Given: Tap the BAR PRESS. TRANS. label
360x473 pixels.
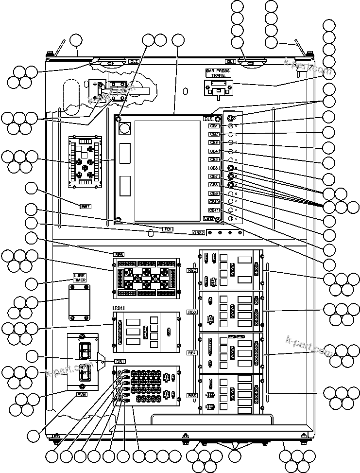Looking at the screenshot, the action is tap(219, 73).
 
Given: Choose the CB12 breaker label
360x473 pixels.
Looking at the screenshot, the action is tap(209, 218).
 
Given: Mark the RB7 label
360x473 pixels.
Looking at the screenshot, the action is tap(86, 206).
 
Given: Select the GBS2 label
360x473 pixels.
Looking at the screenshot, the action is tap(198, 233).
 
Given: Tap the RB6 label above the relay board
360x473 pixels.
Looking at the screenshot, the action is tap(119, 254).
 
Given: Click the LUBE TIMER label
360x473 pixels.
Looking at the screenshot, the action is tap(79, 278).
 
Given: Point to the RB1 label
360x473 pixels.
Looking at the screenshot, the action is tap(119, 308).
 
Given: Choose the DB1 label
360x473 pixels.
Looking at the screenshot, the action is tap(120, 361).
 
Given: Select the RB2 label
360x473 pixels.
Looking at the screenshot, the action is tap(192, 270).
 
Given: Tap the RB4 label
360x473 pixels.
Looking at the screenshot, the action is tap(192, 353).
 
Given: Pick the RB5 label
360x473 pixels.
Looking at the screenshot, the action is tap(192, 396).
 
